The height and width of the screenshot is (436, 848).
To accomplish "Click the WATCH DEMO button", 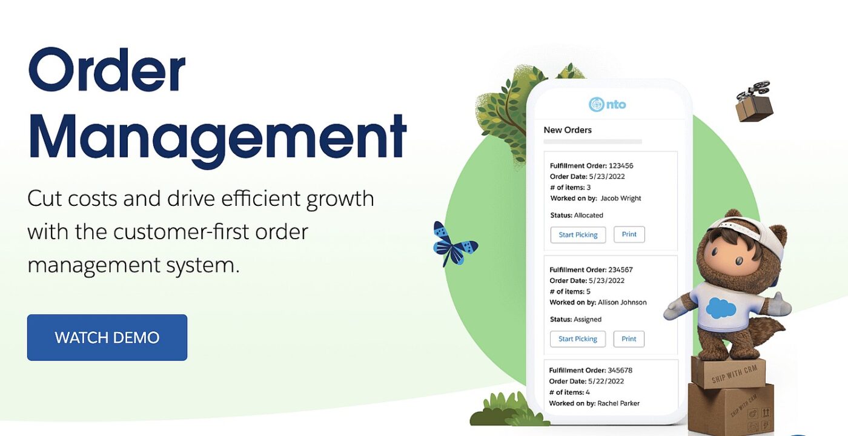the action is click(107, 337).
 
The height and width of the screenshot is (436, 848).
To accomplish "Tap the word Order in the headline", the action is click(107, 70).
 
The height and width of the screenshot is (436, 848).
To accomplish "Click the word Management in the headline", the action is click(217, 138).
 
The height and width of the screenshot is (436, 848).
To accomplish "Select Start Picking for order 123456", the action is click(578, 235).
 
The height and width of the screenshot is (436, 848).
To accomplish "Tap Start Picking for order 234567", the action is click(578, 339).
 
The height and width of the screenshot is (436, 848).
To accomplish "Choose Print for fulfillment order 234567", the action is click(629, 339).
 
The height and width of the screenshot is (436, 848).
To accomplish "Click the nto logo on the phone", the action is click(607, 104).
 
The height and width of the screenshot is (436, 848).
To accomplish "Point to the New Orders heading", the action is click(568, 130).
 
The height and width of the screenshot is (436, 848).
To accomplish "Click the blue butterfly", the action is click(454, 244).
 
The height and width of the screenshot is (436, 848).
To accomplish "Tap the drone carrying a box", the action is click(754, 102).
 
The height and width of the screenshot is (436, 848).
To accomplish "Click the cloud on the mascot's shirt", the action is click(721, 308).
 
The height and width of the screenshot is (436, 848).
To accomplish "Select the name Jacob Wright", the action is click(621, 199).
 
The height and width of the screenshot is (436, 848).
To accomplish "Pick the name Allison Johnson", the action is click(622, 302).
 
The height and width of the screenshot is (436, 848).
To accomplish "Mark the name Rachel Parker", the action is click(618, 403).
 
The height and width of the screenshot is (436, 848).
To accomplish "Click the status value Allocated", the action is click(589, 216).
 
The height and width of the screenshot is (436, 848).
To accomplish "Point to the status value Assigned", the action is click(588, 320).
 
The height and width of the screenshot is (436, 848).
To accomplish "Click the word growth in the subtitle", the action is click(340, 199).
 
